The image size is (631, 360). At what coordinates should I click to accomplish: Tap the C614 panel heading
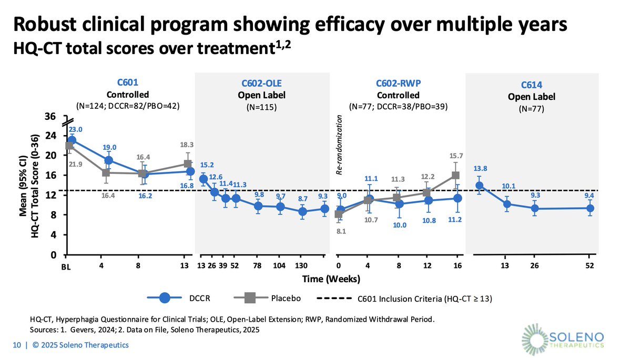point(531,85)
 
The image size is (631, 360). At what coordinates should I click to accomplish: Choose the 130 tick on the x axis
point(302,265)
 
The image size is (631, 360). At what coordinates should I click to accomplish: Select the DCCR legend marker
point(164,298)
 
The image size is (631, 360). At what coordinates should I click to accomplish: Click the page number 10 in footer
point(17,345)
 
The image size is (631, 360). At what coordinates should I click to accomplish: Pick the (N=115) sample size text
point(262,107)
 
